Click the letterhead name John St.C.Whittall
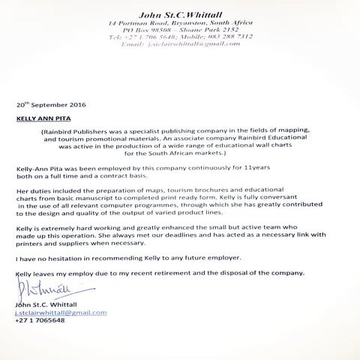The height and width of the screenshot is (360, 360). click(x=180, y=13)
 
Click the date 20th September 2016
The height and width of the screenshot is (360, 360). click(x=50, y=106)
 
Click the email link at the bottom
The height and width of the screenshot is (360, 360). click(x=60, y=312)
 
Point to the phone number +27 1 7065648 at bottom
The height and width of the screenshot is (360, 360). click(x=40, y=320)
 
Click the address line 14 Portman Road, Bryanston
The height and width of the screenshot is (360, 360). click(x=180, y=22)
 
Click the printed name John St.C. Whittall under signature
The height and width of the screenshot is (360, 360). click(x=46, y=304)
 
